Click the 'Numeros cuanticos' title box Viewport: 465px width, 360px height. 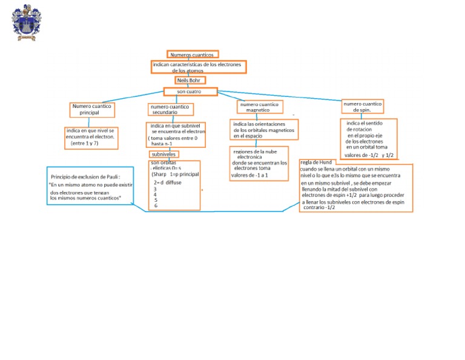(192, 55)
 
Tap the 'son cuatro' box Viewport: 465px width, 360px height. (190, 92)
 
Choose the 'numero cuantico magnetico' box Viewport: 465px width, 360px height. (259, 107)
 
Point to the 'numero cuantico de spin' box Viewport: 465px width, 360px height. (363, 107)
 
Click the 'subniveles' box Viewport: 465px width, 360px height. (163, 154)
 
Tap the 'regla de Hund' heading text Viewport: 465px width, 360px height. (316, 163)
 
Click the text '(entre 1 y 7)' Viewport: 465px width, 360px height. (84, 144)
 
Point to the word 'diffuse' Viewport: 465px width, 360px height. (173, 182)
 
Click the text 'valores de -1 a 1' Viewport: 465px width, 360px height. (249, 176)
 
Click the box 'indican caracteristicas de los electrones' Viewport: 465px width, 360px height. (198, 67)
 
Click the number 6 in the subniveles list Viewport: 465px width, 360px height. (156, 206)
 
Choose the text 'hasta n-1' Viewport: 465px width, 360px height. (162, 144)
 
